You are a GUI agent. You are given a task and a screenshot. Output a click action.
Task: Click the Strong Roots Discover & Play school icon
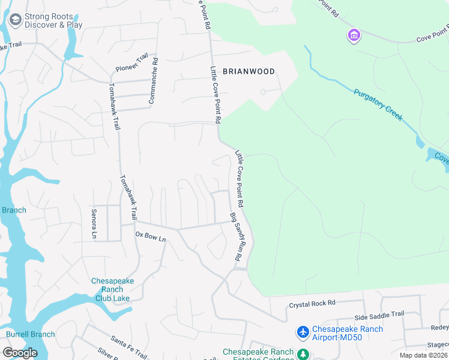pyautogui.click(x=14, y=21)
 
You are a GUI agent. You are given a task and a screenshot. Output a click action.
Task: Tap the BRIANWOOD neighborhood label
pyautogui.click(x=249, y=71)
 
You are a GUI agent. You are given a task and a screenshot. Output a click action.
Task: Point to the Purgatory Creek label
pyautogui.click(x=378, y=105)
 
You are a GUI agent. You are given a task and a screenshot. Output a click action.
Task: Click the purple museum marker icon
pyautogui.click(x=354, y=36)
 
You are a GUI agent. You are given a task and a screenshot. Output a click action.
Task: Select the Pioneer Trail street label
pyautogui.click(x=132, y=62)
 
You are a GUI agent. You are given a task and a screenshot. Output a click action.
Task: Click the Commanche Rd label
pyautogui.click(x=153, y=80)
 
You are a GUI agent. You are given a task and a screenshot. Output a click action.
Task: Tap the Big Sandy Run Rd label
pyautogui.click(x=235, y=236)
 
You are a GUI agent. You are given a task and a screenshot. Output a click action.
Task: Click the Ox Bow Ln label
pyautogui.click(x=150, y=236)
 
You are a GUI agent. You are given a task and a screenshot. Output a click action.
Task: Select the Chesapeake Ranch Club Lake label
pyautogui.click(x=112, y=289)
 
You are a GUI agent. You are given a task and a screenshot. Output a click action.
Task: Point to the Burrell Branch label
pyautogui.click(x=30, y=334)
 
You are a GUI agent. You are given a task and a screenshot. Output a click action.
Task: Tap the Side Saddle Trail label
pyautogui.click(x=379, y=314)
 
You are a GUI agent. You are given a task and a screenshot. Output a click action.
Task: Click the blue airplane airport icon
pyautogui.click(x=303, y=332)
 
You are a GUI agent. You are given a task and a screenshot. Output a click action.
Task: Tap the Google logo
pyautogui.click(x=20, y=352)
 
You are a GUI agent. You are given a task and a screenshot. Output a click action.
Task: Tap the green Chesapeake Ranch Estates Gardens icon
pyautogui.click(x=304, y=354)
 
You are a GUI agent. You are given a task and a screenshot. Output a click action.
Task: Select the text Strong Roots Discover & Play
pyautogui.click(x=53, y=21)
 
